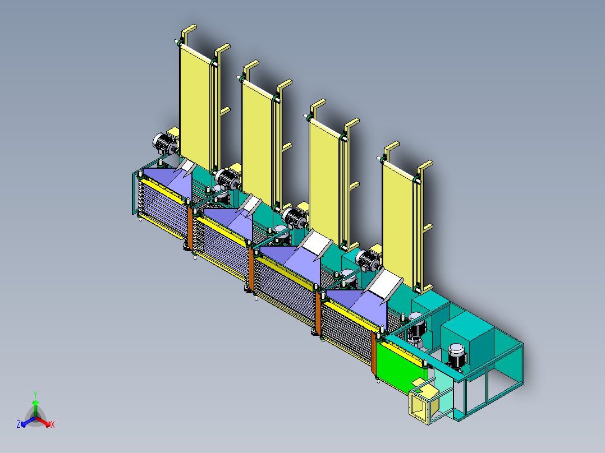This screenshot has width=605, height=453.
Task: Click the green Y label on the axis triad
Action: [35, 394]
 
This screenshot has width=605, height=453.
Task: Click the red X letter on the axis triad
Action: [53, 425]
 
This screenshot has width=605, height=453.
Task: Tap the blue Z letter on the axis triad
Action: [19, 424]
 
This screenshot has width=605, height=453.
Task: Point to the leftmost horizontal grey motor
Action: [165, 144]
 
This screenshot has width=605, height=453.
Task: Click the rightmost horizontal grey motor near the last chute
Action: [368, 260]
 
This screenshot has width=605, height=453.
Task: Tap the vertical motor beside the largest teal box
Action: [456, 357]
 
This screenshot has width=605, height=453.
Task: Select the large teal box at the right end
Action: [466, 336]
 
